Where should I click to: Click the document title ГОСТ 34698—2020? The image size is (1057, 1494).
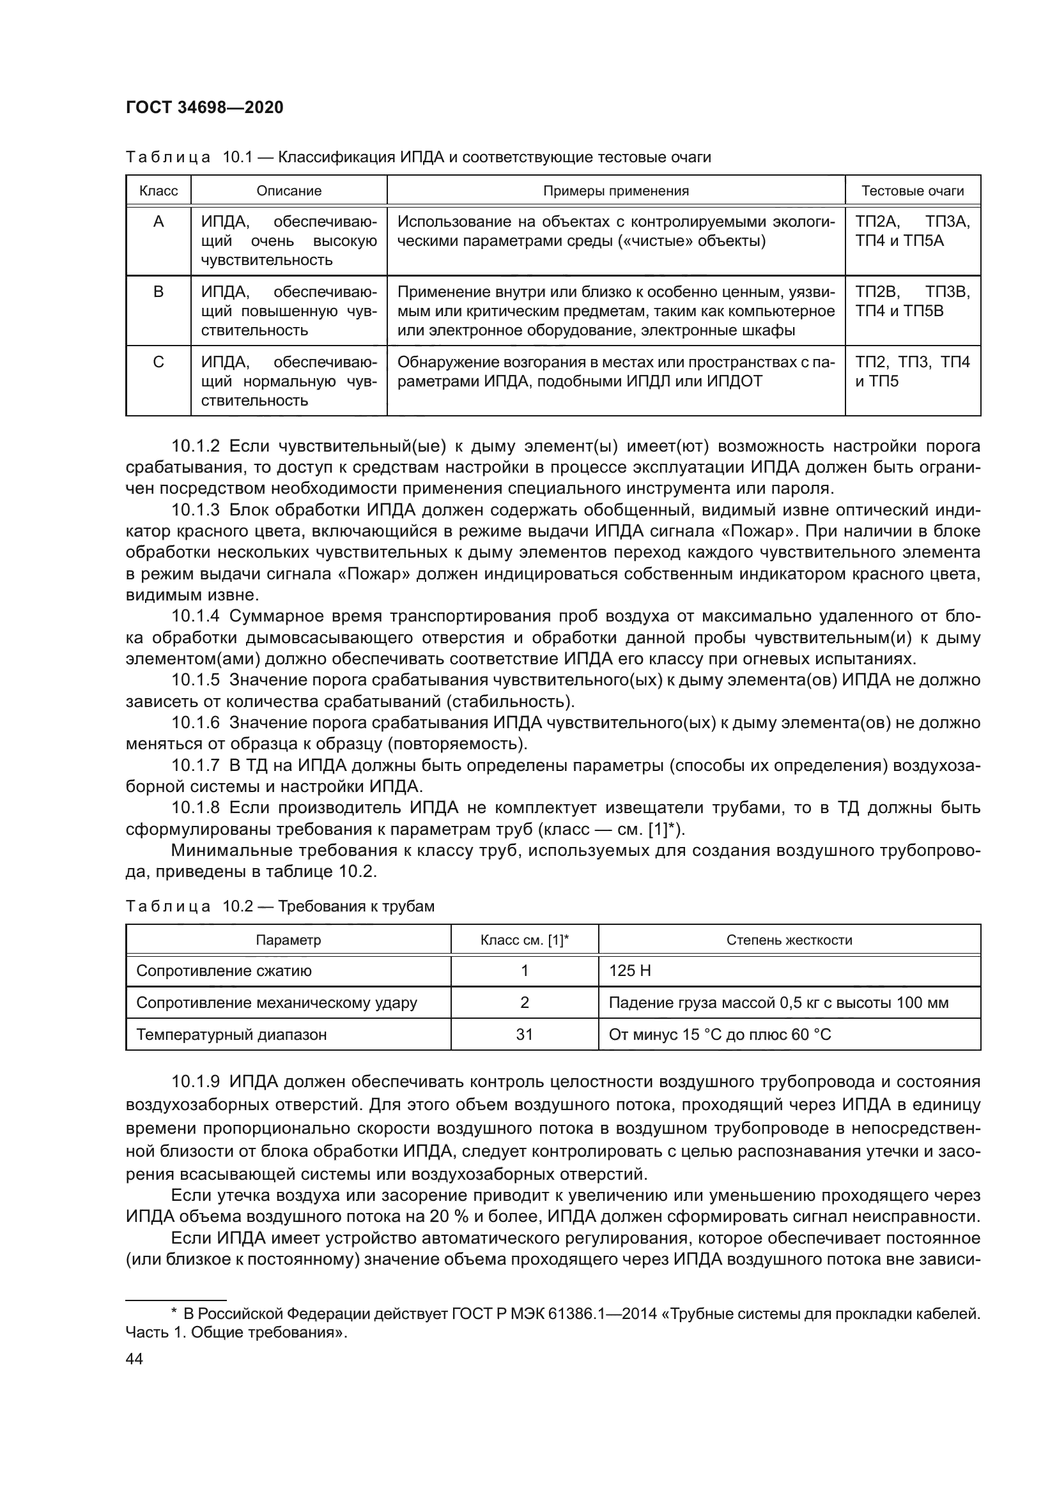(204, 107)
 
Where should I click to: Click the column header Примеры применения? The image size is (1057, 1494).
(615, 190)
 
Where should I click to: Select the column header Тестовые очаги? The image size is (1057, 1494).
(912, 190)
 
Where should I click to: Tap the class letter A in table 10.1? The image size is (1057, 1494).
(158, 222)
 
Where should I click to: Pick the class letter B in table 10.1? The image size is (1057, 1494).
(158, 292)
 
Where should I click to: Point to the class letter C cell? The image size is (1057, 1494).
(158, 362)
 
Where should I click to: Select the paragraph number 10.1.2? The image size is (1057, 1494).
(196, 446)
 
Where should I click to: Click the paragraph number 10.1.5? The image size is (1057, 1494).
(196, 681)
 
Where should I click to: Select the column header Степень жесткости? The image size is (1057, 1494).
(789, 940)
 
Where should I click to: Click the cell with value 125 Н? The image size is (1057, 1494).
(629, 971)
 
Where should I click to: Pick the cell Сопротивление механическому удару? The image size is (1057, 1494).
(277, 1002)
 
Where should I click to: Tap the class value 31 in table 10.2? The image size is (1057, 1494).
(524, 1034)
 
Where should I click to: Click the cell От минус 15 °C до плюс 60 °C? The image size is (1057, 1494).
(719, 1034)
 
